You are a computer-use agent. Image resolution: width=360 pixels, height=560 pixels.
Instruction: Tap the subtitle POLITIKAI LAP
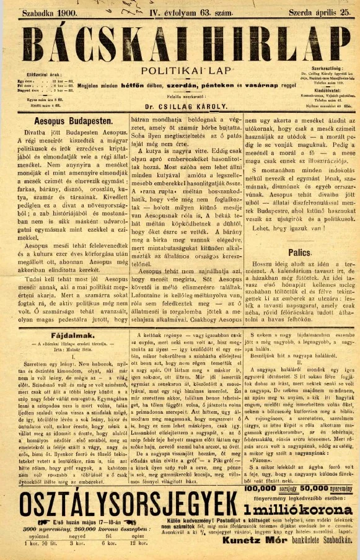point(180,71)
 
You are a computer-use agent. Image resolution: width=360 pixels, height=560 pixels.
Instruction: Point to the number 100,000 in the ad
point(260,489)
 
